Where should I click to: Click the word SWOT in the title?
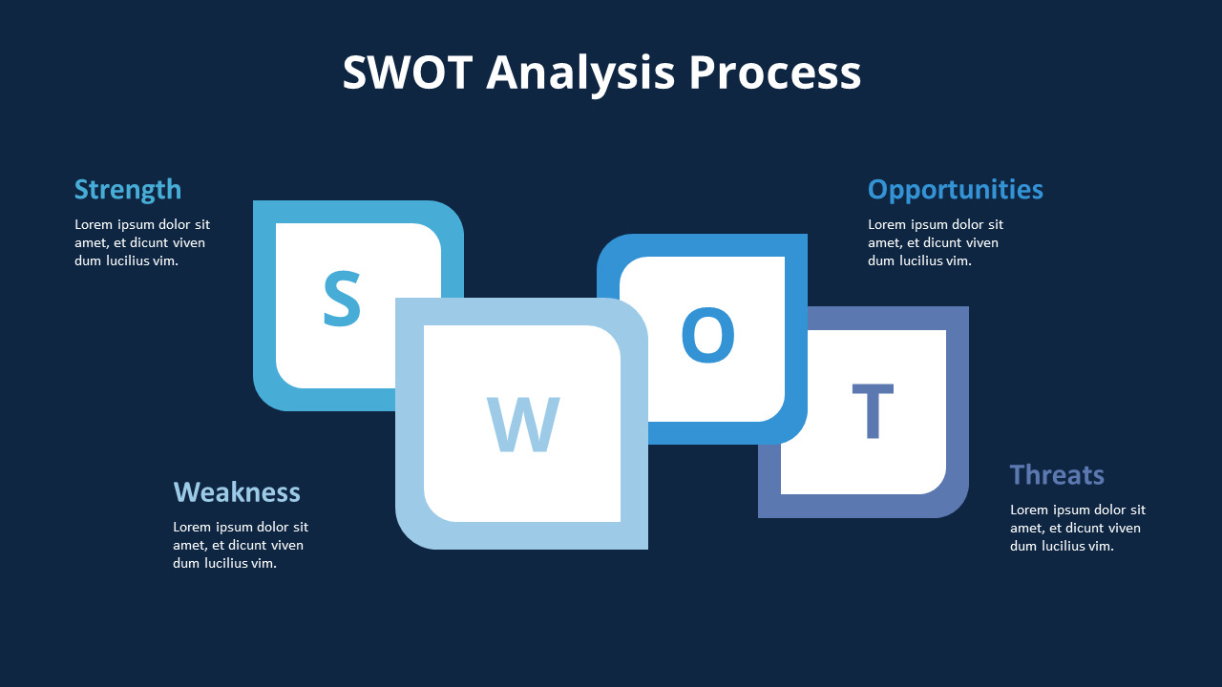click(x=407, y=73)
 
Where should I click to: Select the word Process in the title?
click(x=774, y=73)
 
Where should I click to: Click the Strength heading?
click(x=128, y=190)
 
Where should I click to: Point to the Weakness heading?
click(x=237, y=492)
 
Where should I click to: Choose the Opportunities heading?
click(x=955, y=190)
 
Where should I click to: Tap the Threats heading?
click(x=1057, y=474)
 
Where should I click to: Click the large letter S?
click(x=342, y=300)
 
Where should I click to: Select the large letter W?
click(x=522, y=425)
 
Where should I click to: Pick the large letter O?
click(x=707, y=336)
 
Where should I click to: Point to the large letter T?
click(x=873, y=411)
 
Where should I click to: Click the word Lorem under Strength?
click(x=95, y=225)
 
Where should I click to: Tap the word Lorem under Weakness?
click(x=193, y=528)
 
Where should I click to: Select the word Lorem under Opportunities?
click(x=888, y=225)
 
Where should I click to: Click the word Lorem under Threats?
click(x=1030, y=510)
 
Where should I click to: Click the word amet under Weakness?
click(x=189, y=546)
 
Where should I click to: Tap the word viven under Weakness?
click(x=285, y=546)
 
